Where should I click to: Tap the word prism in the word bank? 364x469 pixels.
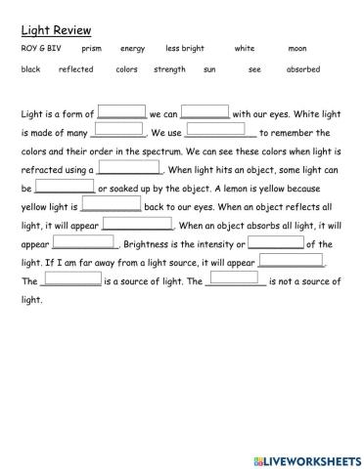92,49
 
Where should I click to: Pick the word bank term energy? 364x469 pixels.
132,49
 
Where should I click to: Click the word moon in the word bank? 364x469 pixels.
297,49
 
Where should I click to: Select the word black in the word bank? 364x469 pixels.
30,70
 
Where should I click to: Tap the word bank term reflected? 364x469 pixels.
76,70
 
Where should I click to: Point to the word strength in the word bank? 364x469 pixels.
169,70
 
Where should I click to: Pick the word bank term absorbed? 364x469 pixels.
302,70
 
